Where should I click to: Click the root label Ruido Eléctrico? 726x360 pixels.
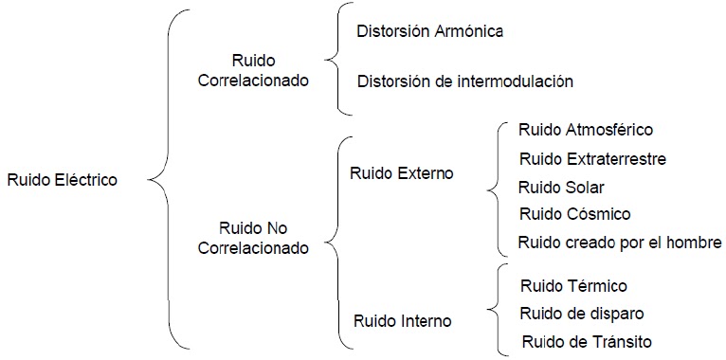click(62, 179)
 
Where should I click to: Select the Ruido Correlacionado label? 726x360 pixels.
click(253, 70)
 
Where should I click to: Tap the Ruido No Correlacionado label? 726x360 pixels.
click(253, 238)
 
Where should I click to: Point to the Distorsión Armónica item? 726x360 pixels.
click(429, 30)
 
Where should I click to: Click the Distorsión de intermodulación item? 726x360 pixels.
click(464, 81)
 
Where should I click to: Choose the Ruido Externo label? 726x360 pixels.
click(401, 173)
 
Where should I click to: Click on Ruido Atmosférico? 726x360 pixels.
click(585, 130)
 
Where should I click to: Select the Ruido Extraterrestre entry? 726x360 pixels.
click(591, 158)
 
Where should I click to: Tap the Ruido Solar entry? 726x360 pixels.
click(560, 187)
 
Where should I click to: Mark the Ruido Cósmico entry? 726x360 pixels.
click(573, 214)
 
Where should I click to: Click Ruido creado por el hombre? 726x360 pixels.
click(620, 242)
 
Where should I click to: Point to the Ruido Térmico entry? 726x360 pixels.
click(573, 285)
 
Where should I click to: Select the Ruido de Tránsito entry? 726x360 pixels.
click(586, 340)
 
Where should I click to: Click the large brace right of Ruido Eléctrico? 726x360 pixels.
click(160, 179)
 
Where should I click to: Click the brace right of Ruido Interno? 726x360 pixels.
click(492, 309)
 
